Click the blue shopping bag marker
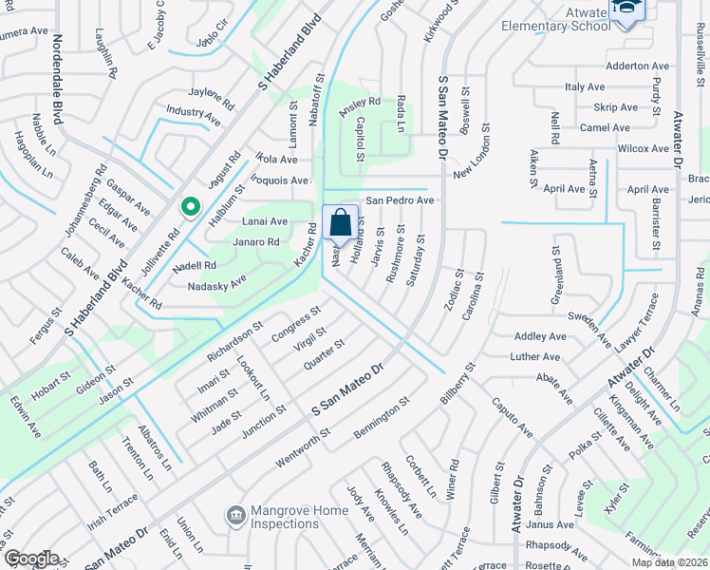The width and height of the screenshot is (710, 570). pyautogui.click(x=340, y=223)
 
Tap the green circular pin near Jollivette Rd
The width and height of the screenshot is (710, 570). pyautogui.click(x=190, y=205)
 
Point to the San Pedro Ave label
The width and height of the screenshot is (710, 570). pyautogui.click(x=400, y=201)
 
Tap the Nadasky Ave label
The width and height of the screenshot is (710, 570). pyautogui.click(x=216, y=282)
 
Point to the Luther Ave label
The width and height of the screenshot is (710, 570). pyautogui.click(x=535, y=357)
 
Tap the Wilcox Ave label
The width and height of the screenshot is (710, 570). pyautogui.click(x=643, y=149)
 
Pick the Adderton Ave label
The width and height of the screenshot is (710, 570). pyautogui.click(x=638, y=66)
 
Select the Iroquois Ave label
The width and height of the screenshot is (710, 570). pyautogui.click(x=281, y=180)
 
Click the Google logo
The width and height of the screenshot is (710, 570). pyautogui.click(x=31, y=559)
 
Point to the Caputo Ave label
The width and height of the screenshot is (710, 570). pyautogui.click(x=512, y=418)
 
